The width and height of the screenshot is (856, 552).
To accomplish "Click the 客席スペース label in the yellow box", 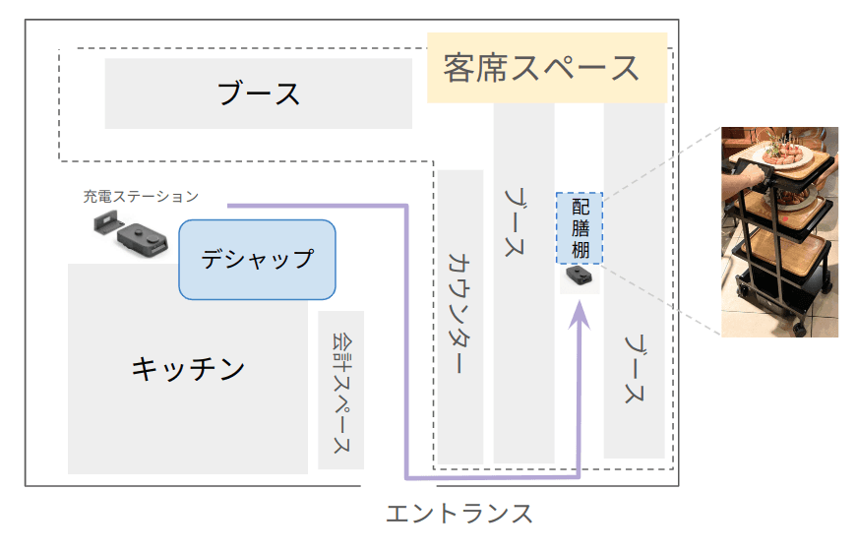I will click(541, 68).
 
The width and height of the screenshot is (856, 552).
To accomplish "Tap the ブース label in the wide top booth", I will click(258, 94).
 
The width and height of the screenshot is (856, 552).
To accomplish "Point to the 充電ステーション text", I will click(141, 197).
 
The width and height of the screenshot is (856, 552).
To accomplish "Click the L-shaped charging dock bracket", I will click(101, 225).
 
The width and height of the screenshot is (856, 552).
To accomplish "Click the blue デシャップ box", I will click(257, 260).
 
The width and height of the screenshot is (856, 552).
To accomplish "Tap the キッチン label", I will click(188, 369).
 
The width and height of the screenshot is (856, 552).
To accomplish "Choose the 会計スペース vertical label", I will click(340, 390).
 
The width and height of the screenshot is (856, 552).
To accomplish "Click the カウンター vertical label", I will click(459, 315).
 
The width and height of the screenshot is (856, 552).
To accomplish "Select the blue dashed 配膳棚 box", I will click(581, 227).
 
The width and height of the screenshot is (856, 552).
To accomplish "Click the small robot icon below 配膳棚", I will click(580, 280).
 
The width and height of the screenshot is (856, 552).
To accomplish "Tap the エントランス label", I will click(460, 514).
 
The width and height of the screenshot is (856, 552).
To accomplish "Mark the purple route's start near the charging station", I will click(230, 206).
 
